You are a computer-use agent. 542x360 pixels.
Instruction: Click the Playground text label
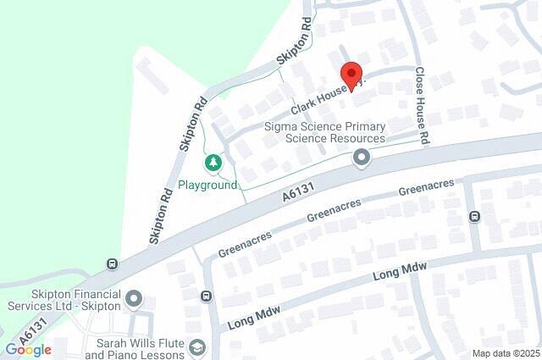click(207, 186)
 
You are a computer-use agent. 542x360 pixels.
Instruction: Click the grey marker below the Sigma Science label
click(362, 158)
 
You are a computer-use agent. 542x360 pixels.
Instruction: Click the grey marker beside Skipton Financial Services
click(134, 298)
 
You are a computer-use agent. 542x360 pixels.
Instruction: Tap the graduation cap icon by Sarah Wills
click(197, 347)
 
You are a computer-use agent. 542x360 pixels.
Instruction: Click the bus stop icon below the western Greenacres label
click(207, 296)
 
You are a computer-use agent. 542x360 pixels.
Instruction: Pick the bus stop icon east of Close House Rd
click(474, 216)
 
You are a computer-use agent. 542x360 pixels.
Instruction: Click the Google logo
click(28, 349)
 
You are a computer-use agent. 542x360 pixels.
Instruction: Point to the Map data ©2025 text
click(505, 353)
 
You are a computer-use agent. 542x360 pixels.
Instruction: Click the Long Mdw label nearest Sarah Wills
click(254, 315)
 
